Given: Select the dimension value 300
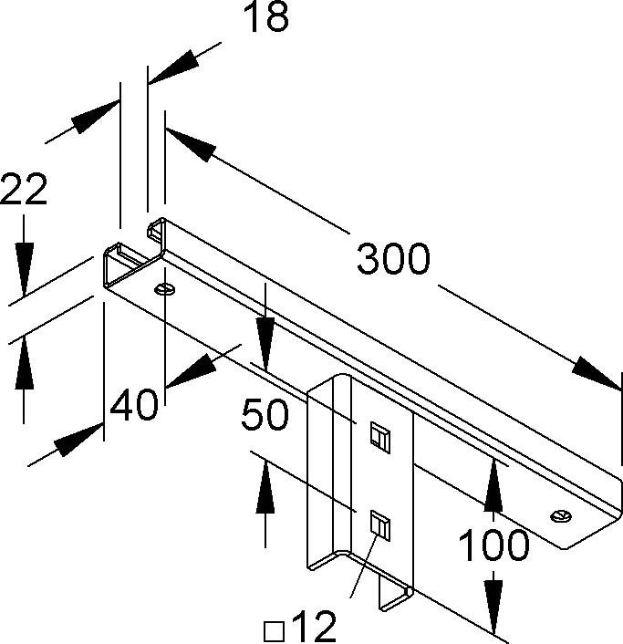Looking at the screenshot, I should coord(392,260).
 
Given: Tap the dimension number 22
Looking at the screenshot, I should coord(24,191).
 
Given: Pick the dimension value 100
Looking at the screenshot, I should coord(493,545).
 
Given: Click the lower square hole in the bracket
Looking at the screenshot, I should coord(379,526).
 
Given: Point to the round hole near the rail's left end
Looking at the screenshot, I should coord(164,290).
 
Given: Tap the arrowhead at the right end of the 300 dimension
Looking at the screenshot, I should coord(597,375).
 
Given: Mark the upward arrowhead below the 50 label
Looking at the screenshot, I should coord(265,483).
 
